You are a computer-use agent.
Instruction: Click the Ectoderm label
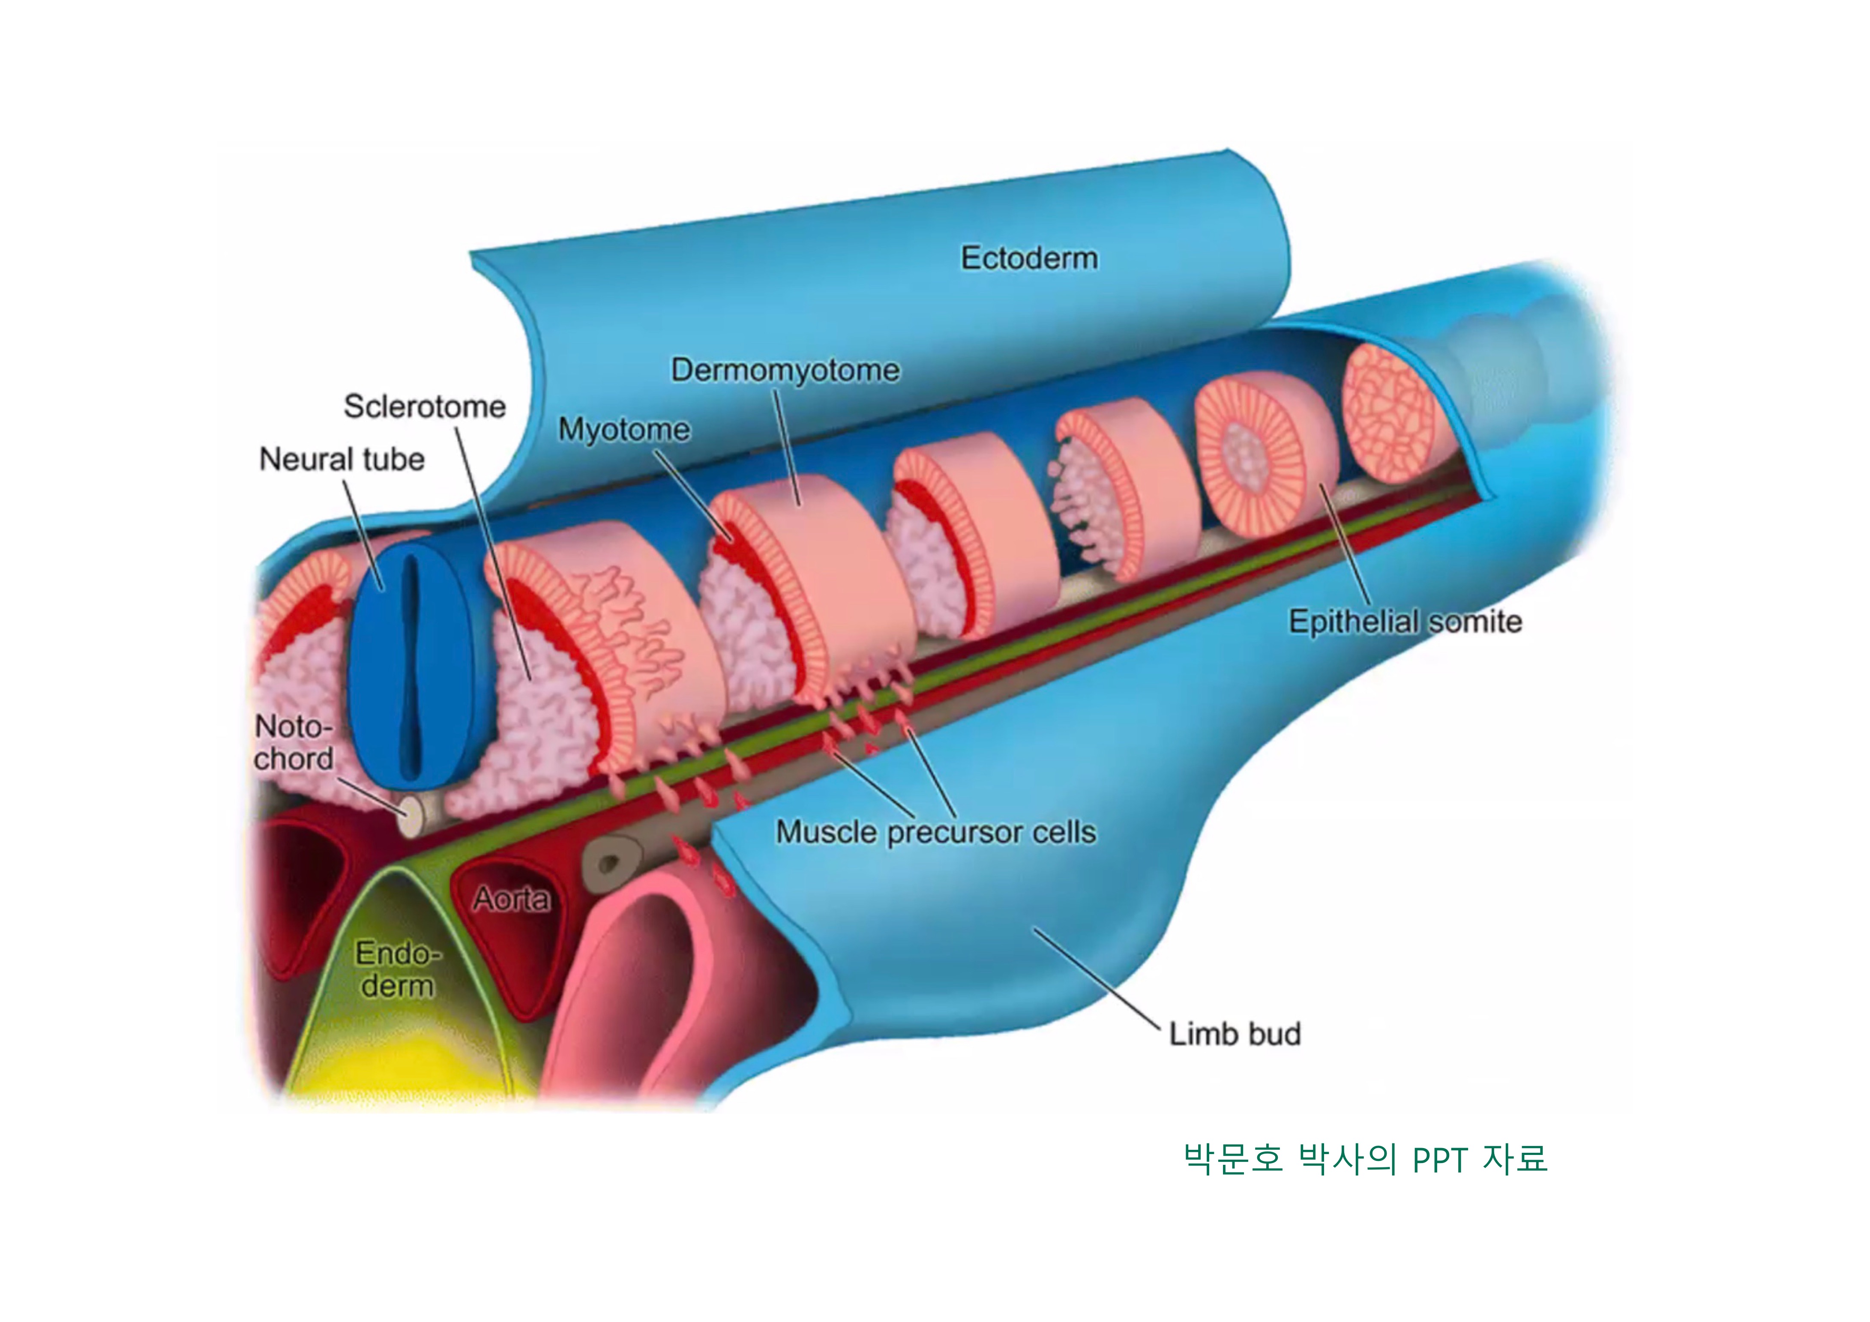click(1029, 258)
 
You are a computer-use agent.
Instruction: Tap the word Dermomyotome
click(785, 371)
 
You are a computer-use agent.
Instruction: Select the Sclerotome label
click(424, 406)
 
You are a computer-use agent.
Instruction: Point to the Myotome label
click(624, 429)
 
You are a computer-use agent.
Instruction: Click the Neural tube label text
click(341, 459)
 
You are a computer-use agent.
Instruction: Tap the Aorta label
click(512, 899)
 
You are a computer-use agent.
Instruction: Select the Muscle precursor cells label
click(936, 832)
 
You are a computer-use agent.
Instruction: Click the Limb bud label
click(1235, 1034)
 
